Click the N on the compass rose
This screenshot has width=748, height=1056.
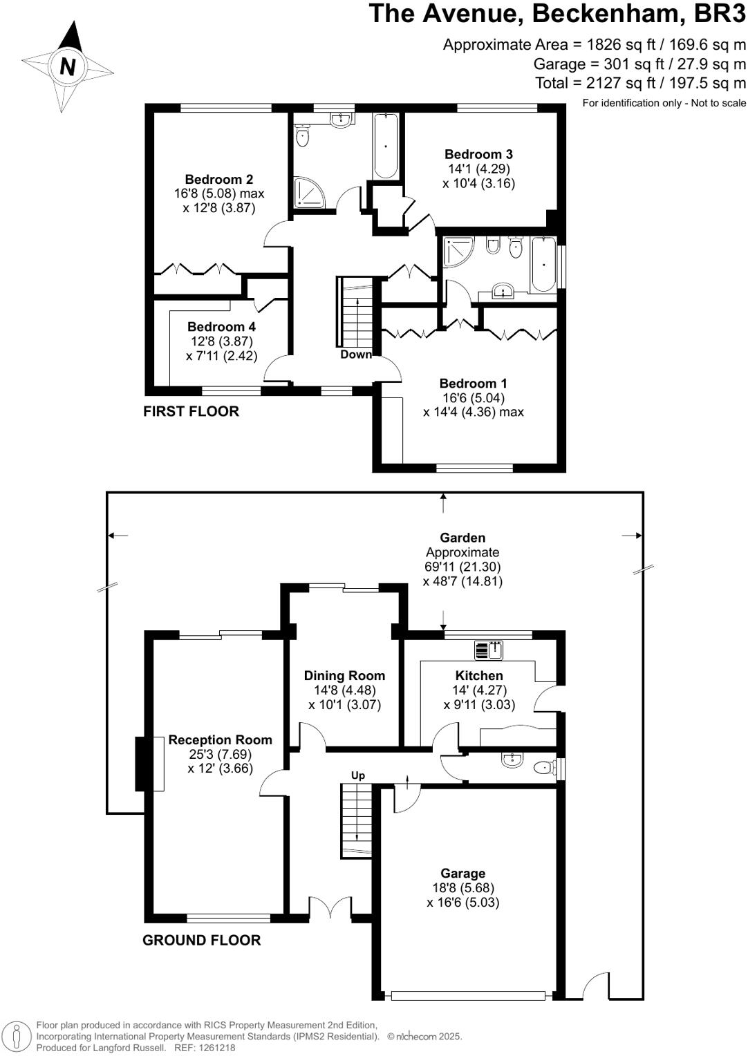tap(68, 66)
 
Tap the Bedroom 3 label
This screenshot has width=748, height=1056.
tap(478, 154)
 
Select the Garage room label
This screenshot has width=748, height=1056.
tap(462, 873)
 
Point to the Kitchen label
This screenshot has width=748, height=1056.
tap(478, 675)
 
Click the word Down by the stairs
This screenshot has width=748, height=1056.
tap(356, 354)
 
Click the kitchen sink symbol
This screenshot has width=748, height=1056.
tap(489, 650)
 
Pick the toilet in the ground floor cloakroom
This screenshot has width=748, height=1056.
tap(545, 769)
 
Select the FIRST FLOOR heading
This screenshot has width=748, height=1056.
tap(191, 411)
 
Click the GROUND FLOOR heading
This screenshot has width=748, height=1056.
tap(201, 940)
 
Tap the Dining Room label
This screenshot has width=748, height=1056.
tap(344, 676)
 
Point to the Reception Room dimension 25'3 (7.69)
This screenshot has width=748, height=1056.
tap(221, 754)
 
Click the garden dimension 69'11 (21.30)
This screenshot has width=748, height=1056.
tap(462, 566)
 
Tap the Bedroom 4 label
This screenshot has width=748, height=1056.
tap(221, 326)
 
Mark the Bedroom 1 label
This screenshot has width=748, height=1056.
tap(473, 383)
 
